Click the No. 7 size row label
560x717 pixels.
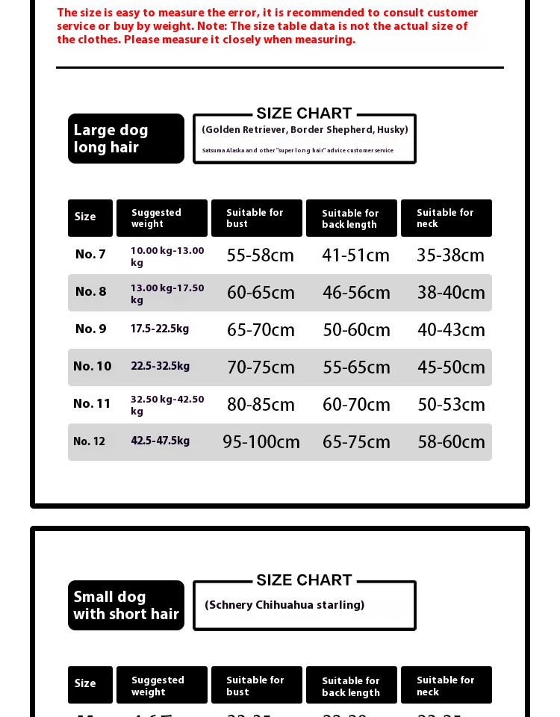tap(90, 255)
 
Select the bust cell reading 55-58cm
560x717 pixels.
tap(261, 255)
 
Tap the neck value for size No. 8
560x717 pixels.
tap(451, 293)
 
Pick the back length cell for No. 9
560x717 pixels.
tap(356, 330)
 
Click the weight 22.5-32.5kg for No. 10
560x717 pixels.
tap(161, 366)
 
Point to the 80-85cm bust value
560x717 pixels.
tap(261, 405)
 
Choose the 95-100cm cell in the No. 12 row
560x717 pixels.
tap(261, 442)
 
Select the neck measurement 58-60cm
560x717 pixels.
tap(451, 442)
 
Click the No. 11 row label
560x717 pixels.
tap(92, 404)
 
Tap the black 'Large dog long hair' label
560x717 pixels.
tap(125, 138)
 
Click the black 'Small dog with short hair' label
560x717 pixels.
tap(125, 605)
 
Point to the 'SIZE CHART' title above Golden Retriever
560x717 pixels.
tap(304, 114)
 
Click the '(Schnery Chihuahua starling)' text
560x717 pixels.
tap(284, 605)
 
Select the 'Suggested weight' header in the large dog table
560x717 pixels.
tap(161, 218)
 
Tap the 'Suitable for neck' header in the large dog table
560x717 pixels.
tap(446, 218)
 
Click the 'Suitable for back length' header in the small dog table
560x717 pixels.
tap(351, 686)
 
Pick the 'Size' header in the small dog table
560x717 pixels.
tap(85, 683)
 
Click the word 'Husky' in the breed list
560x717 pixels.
tap(392, 130)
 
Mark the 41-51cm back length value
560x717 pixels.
tap(356, 255)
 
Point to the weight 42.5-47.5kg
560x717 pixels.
tap(161, 441)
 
